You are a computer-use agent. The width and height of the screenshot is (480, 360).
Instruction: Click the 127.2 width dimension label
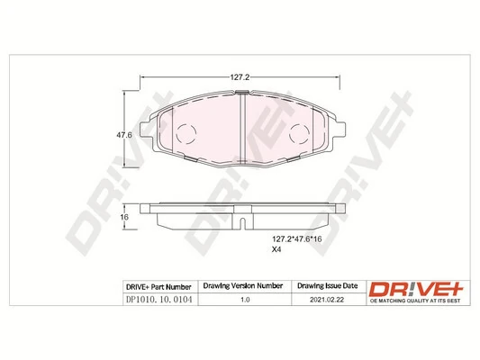tap(238, 76)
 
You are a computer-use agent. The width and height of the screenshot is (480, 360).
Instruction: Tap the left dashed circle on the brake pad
tap(184, 136)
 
